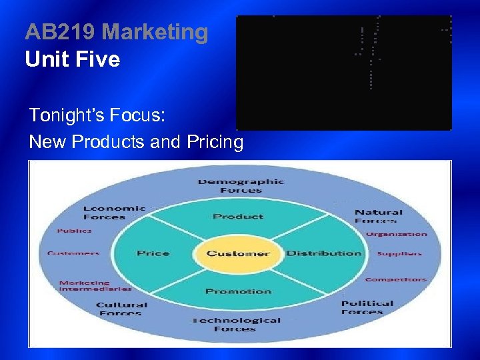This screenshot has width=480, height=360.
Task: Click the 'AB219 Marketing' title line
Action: (117, 32)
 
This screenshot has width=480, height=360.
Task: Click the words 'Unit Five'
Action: (73, 60)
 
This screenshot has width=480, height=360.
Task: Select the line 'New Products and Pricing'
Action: (136, 142)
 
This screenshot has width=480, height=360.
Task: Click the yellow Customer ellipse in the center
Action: (238, 253)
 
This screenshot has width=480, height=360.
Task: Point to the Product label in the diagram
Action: (238, 216)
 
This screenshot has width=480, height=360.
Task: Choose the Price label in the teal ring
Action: (153, 253)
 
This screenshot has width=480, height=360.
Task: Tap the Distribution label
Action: (323, 253)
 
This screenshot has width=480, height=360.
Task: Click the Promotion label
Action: (238, 291)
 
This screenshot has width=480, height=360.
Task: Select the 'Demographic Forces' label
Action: (241, 186)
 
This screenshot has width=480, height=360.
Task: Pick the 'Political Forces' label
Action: (367, 307)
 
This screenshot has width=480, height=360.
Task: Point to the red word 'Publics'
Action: (74, 231)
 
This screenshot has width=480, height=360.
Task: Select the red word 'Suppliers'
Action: (399, 253)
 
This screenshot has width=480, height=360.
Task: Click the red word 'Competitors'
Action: (395, 279)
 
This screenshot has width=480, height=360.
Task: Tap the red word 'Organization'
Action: (396, 234)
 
